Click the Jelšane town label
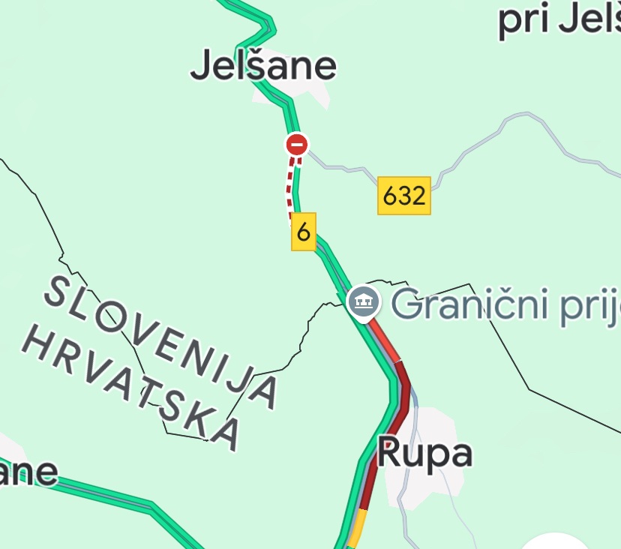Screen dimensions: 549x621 262,65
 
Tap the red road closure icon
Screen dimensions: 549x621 297,144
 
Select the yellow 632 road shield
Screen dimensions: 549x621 404,196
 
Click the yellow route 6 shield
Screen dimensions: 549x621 303,232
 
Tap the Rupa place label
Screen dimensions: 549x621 424,453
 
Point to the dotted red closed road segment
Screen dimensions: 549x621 289,187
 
